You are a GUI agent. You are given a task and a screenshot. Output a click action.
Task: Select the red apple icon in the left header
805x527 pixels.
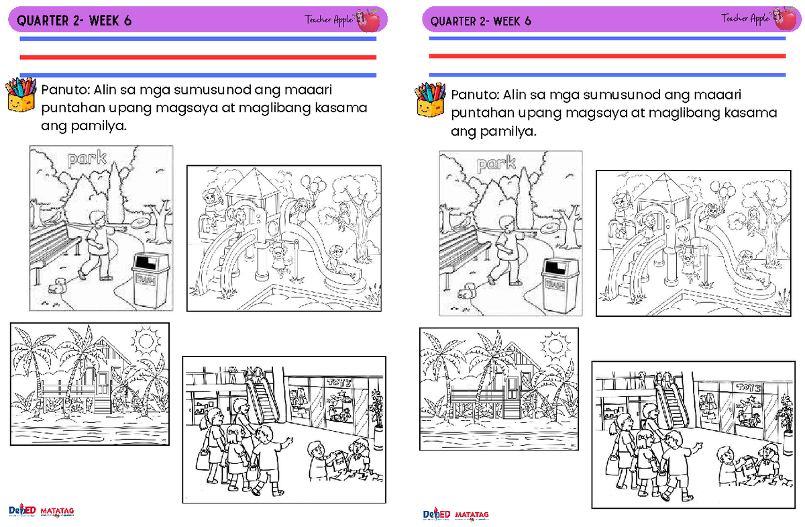[369, 20]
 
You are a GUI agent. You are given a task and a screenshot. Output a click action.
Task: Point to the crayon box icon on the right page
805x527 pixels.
[430, 101]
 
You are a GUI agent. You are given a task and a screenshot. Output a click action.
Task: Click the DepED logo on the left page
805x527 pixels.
[22, 511]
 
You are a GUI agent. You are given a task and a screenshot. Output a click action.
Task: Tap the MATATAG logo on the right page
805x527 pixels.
[472, 515]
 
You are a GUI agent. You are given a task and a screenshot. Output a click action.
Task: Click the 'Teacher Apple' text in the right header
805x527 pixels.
[745, 19]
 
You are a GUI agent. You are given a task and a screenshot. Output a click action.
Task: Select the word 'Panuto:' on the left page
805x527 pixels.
[65, 91]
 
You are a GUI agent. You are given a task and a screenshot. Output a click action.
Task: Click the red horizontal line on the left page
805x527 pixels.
[197, 57]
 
